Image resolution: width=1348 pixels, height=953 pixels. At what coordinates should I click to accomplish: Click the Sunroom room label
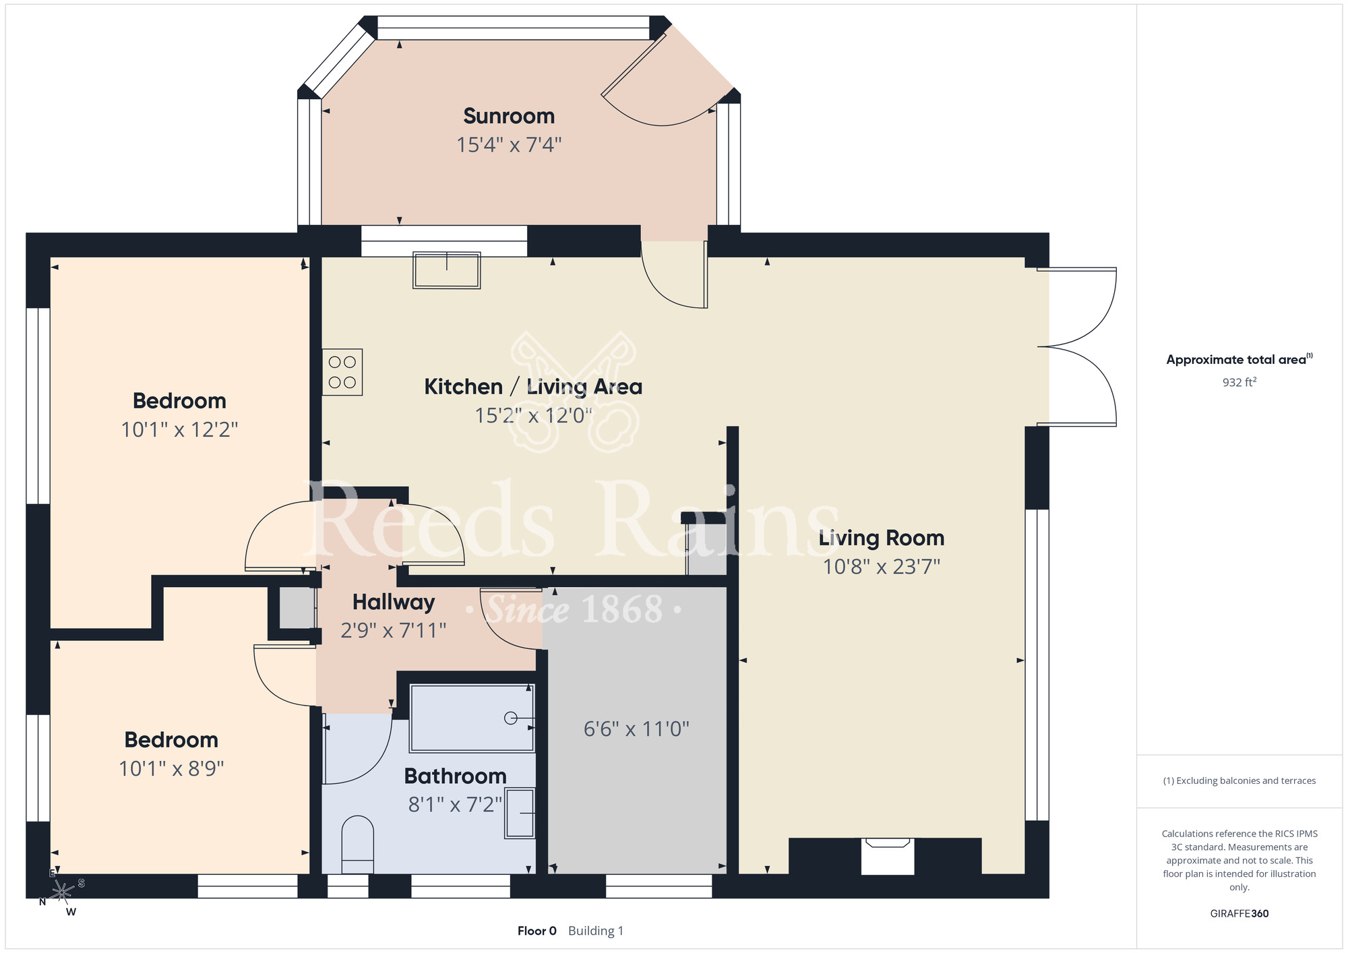click(x=509, y=116)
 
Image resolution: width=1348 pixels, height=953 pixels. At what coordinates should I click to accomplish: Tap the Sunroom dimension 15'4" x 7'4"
click(x=509, y=145)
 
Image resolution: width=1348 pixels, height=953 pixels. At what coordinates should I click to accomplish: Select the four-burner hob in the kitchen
click(x=342, y=372)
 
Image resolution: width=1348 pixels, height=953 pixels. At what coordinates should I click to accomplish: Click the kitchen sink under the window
click(x=447, y=270)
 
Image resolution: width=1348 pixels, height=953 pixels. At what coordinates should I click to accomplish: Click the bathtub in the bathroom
click(x=472, y=718)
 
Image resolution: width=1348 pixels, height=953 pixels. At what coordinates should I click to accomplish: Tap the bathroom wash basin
click(x=520, y=813)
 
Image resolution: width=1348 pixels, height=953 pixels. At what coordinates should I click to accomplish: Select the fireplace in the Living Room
click(x=888, y=856)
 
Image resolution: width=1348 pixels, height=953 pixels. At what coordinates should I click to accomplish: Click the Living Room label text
click(x=882, y=538)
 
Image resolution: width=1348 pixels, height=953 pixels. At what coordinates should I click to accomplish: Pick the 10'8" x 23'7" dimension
click(x=882, y=567)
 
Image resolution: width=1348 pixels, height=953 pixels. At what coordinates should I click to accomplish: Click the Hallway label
click(x=394, y=602)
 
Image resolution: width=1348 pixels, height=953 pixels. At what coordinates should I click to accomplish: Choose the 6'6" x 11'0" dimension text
click(x=636, y=729)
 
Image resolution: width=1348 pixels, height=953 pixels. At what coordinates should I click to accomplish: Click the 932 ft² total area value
click(x=1239, y=382)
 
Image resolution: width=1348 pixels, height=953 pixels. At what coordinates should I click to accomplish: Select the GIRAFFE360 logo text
click(x=1239, y=914)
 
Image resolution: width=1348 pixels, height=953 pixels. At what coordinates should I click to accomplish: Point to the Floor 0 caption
click(x=537, y=931)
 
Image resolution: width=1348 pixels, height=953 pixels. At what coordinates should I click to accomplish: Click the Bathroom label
click(x=455, y=776)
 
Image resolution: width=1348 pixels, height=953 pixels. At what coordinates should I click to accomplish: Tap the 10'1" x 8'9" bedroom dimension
click(x=171, y=769)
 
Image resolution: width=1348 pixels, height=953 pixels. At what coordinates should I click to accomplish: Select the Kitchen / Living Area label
click(x=533, y=387)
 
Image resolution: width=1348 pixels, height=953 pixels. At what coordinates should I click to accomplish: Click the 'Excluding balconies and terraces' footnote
click(x=1239, y=780)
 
